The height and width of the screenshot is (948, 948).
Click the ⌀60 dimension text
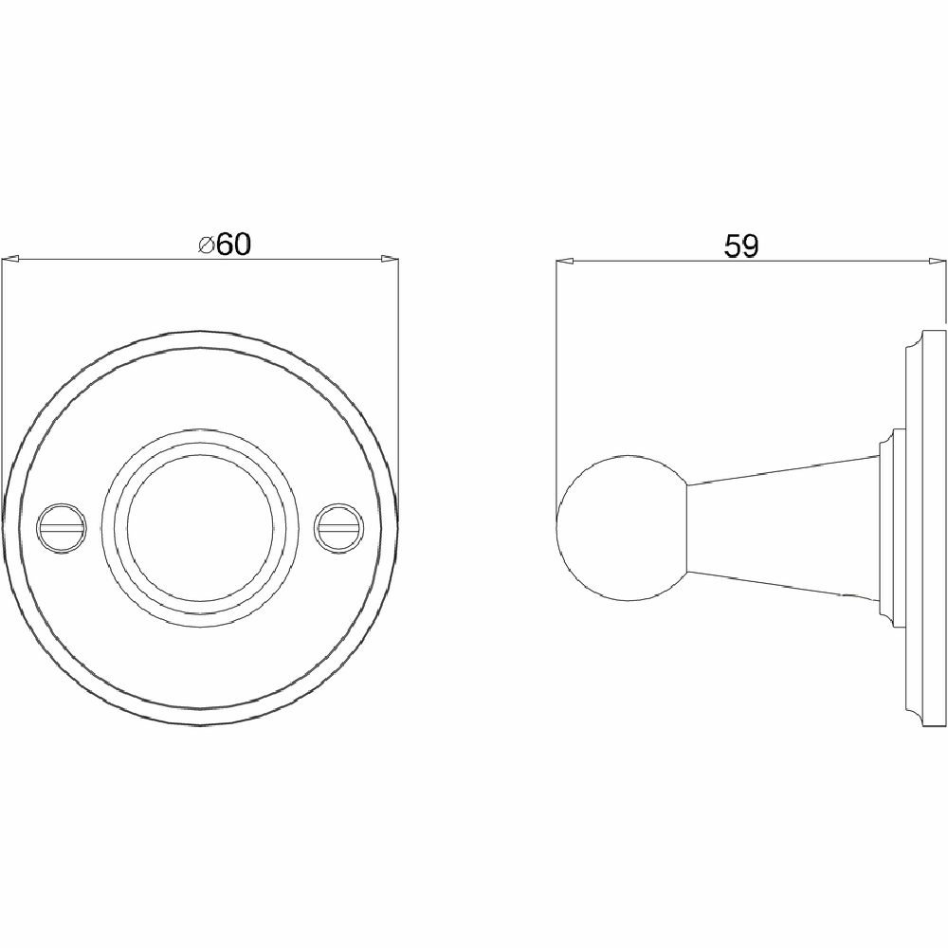(225, 244)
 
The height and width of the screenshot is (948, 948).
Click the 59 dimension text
(740, 246)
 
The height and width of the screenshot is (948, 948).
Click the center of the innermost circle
(199, 526)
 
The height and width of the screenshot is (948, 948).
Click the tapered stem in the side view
(787, 527)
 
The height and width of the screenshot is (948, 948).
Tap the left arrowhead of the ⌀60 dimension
(11, 258)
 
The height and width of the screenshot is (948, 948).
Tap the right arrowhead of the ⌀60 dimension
(389, 258)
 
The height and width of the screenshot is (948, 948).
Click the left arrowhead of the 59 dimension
(566, 260)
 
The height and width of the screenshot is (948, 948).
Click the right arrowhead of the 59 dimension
(937, 260)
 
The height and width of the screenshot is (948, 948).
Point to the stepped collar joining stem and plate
(892, 527)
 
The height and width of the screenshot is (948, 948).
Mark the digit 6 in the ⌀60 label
(225, 245)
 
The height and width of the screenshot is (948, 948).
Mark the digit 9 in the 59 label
(750, 246)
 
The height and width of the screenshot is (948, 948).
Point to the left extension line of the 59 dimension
(556, 379)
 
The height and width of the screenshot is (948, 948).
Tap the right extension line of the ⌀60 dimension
(398, 379)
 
